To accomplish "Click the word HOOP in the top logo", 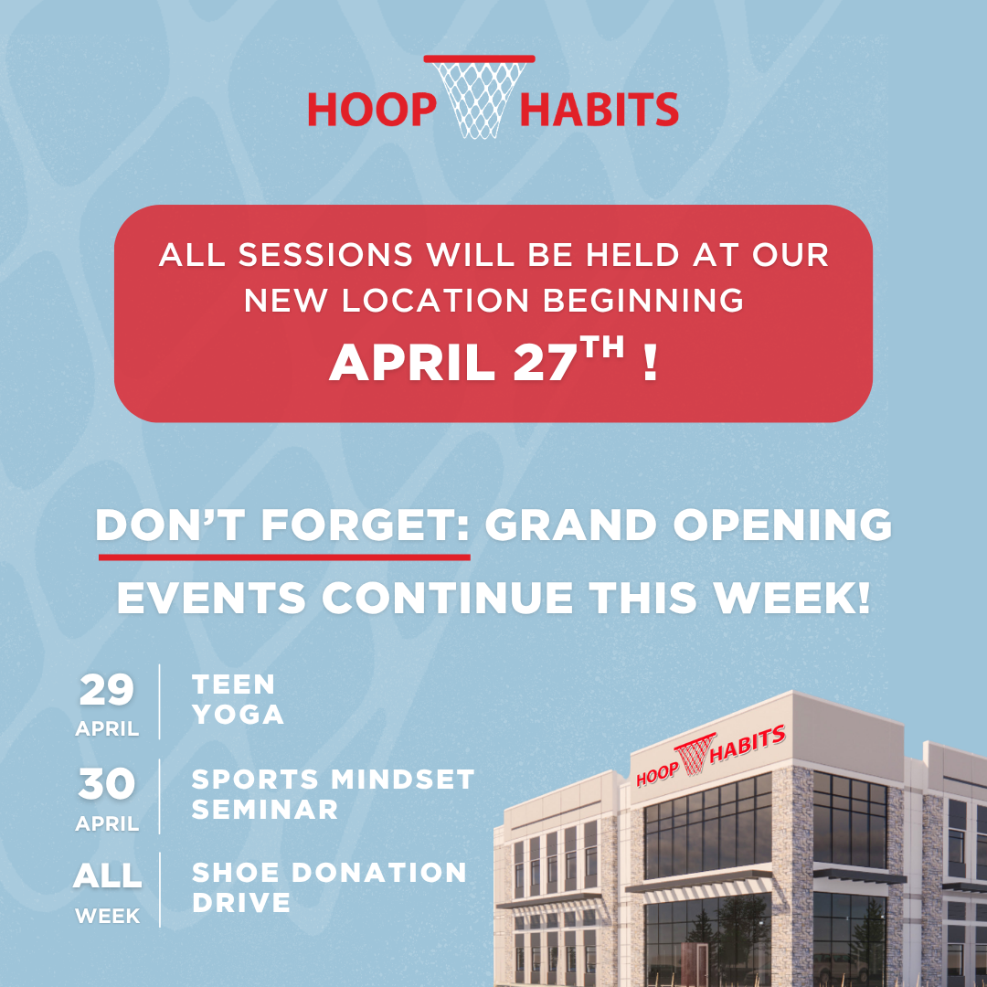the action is pos(372,110).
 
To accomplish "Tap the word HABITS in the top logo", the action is pos(600,110).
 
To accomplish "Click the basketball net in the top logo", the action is pos(479,97).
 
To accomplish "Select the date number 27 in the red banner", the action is pos(545,363).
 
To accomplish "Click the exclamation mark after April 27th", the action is pos(651,363).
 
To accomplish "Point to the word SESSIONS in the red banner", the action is pos(324,255).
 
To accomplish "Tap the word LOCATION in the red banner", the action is pos(435,301).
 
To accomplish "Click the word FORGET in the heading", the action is pos(365,525).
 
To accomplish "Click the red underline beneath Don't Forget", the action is pos(284,557).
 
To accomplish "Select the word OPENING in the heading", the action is pos(782,525).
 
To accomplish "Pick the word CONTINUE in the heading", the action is pos(448,598).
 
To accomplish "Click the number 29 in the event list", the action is pos(106,690).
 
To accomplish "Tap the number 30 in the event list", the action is pos(106,784).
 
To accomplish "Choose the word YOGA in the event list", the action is pos(238,715).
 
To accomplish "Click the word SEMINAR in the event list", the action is pos(265,810).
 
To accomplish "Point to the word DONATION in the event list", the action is pos(379,873).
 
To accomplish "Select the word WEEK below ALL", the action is pos(108,916).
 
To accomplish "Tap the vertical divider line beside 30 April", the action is pos(160,796).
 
